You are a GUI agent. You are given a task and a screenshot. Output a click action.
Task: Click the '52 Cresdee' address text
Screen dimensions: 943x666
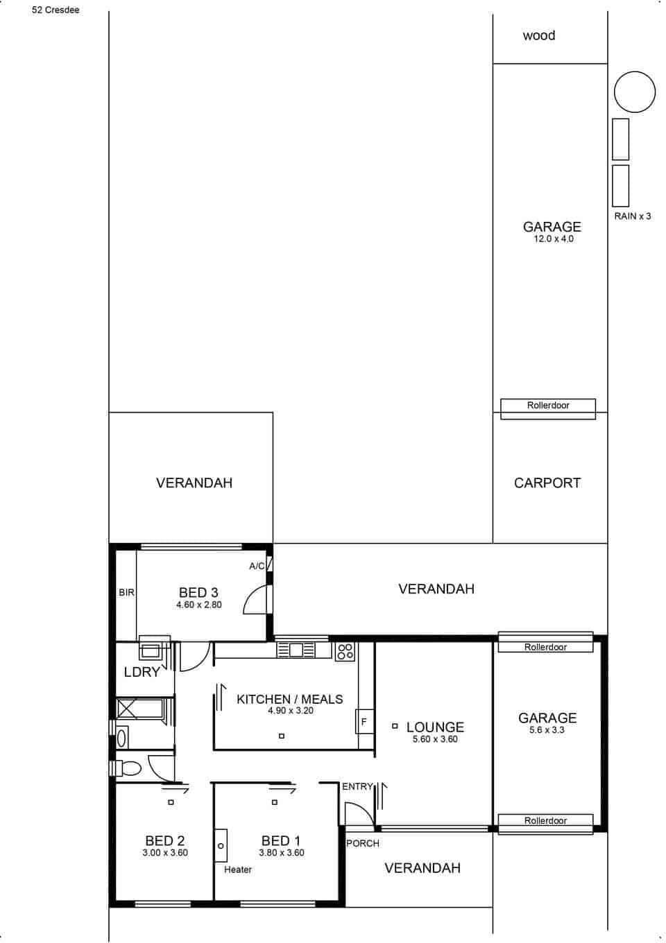55,10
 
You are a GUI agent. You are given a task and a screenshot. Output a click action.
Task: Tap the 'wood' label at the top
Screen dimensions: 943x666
539,35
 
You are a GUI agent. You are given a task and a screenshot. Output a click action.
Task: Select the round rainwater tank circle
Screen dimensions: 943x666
634,92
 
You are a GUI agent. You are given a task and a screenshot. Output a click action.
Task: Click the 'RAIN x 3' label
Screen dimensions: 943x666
632,216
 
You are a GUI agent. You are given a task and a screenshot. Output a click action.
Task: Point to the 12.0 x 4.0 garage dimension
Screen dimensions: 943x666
553,239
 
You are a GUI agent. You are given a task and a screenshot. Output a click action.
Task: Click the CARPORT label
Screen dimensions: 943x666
547,483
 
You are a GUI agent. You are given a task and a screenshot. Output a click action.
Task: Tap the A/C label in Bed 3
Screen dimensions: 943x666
257,566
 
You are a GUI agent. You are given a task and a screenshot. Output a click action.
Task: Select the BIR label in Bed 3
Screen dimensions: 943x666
126,593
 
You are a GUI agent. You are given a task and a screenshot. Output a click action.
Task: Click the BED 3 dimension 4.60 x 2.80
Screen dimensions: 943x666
198,605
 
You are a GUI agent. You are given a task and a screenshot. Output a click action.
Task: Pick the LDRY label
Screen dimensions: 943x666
142,672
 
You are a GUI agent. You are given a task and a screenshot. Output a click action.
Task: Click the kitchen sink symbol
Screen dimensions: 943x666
296,650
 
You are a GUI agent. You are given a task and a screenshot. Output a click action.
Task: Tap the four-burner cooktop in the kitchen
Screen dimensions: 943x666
345,650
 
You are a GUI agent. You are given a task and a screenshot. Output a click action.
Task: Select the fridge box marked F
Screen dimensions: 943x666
364,722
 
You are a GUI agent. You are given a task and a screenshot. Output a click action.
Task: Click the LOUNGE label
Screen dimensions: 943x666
435,727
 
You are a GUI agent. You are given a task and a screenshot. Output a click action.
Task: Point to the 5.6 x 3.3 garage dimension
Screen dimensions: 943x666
547,730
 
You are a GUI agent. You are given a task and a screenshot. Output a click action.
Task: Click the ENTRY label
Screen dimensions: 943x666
357,786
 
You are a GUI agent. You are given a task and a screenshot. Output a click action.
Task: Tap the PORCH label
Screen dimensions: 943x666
363,844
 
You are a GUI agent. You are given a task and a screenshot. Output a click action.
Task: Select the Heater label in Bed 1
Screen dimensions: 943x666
238,870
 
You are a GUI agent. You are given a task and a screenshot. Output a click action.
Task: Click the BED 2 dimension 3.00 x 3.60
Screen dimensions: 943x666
165,853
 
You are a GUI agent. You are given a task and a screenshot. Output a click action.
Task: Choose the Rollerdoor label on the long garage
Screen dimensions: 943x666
548,406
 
